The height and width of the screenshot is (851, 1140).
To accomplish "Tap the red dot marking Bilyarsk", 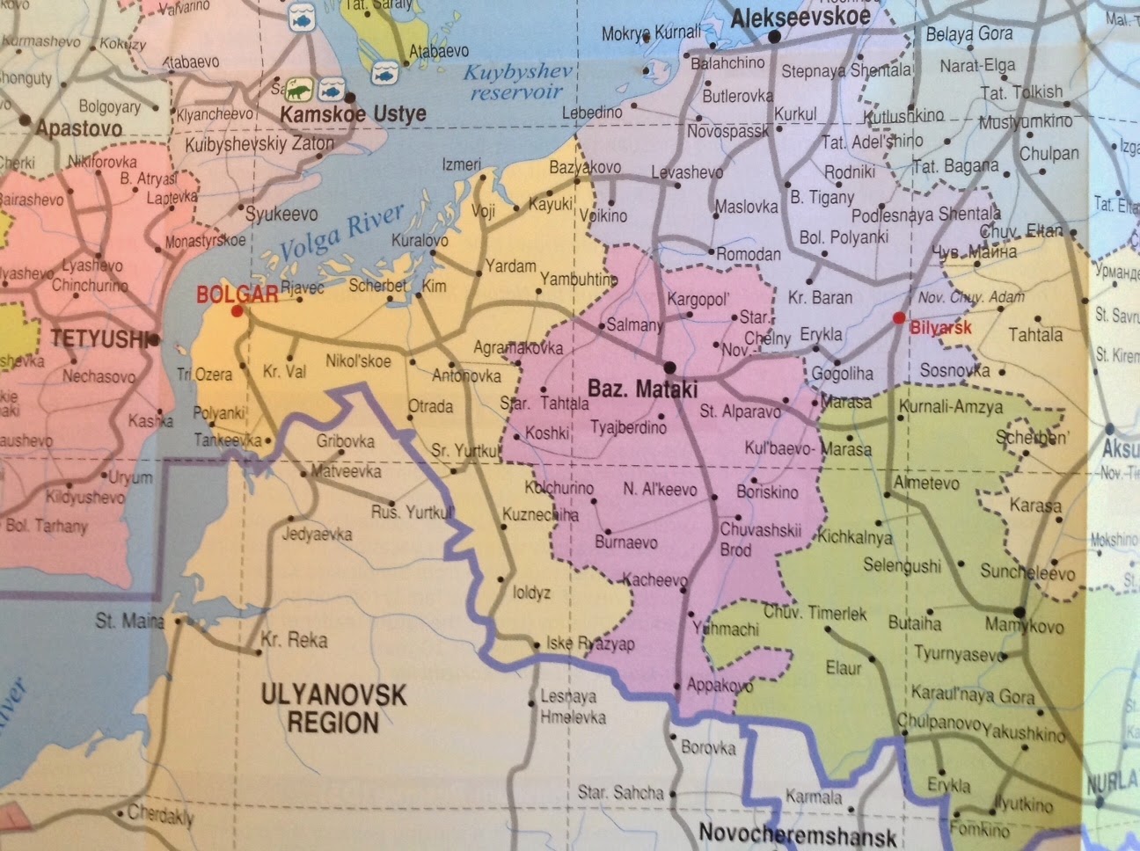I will [x=898, y=317].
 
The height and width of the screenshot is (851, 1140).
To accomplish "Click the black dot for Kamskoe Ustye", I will [x=351, y=97].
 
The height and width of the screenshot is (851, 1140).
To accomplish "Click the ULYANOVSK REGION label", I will [x=333, y=709].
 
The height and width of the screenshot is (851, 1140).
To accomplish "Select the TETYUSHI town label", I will [x=96, y=338].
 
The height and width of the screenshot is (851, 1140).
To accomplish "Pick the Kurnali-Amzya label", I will [x=950, y=407].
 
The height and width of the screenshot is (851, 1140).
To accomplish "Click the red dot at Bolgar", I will [x=236, y=311].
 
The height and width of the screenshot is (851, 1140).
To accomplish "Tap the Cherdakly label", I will [x=160, y=815].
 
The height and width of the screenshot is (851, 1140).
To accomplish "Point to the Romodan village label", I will [x=749, y=254].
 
